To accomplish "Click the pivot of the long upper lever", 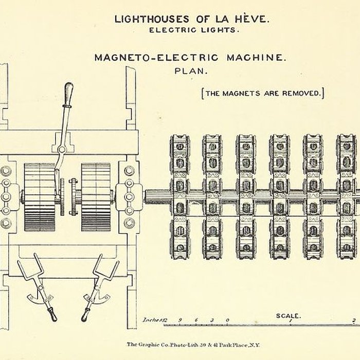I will click(x=61, y=150).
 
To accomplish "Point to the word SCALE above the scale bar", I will click(x=289, y=316).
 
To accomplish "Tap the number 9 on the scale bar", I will click(x=179, y=320).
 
